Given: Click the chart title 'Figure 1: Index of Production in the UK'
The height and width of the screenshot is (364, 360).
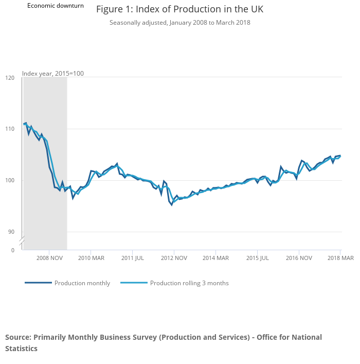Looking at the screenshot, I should click(179, 10).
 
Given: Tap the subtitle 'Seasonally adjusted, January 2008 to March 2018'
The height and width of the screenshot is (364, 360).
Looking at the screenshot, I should click(179, 23).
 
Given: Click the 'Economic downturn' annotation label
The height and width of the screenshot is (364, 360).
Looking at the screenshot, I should click(56, 6).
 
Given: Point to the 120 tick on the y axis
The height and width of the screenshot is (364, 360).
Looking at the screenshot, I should click(10, 78).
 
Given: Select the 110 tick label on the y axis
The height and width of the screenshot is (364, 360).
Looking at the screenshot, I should click(10, 129).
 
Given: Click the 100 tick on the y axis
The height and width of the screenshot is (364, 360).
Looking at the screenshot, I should click(10, 180).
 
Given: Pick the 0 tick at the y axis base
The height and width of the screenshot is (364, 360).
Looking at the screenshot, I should click(13, 250).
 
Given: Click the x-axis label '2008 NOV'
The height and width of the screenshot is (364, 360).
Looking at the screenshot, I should click(49, 258).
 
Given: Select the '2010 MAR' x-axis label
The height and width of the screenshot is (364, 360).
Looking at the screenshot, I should click(91, 258).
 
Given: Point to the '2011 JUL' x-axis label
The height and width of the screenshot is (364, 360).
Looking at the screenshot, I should click(132, 258).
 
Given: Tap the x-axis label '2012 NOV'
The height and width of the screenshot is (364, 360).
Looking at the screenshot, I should click(174, 258).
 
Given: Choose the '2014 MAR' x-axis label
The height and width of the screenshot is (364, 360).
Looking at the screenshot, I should click(215, 258).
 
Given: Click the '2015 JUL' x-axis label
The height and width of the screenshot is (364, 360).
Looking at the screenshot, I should click(257, 258).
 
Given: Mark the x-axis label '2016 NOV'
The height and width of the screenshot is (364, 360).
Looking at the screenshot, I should click(299, 258).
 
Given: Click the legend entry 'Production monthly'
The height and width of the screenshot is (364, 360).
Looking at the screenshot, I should click(82, 283).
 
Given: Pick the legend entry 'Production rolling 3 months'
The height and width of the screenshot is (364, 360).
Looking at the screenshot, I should click(189, 283).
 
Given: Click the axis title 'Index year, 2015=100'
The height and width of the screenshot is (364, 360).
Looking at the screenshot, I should click(53, 74).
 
